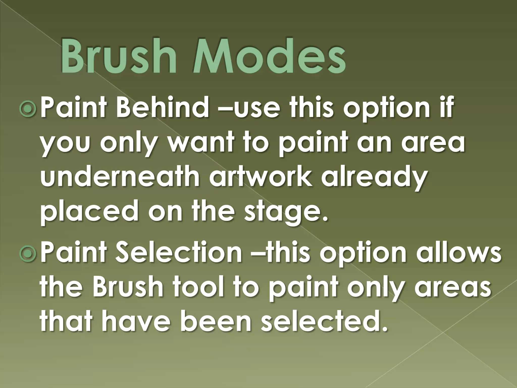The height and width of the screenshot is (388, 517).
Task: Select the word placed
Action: click(90, 210)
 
